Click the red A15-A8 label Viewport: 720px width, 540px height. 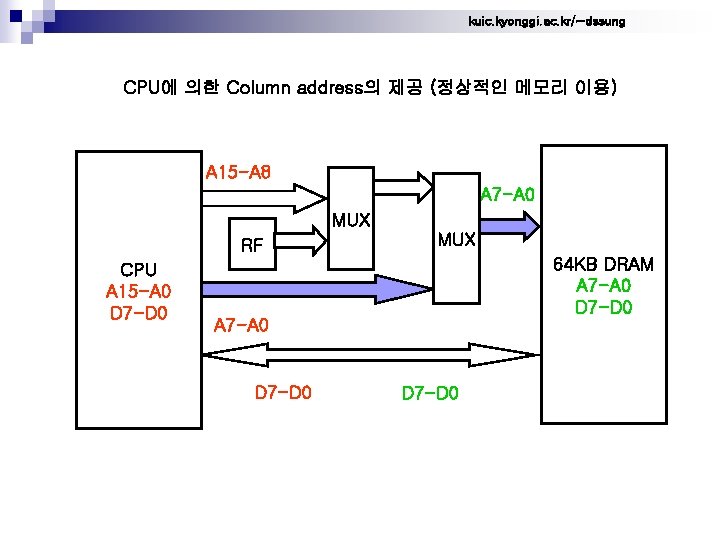(237, 173)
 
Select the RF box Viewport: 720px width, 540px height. (253, 243)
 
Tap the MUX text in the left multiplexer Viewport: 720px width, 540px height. (351, 219)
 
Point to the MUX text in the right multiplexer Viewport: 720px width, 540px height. (457, 240)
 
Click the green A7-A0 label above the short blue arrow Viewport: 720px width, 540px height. (508, 193)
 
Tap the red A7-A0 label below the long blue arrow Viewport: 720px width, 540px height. (241, 324)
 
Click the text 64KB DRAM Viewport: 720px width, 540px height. (604, 265)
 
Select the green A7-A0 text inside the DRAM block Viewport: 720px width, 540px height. (604, 286)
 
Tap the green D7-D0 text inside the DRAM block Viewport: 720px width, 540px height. (604, 307)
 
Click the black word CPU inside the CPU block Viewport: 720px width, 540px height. (138, 270)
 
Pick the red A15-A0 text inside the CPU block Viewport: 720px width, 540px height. (138, 292)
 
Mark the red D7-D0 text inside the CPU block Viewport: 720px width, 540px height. (138, 313)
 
